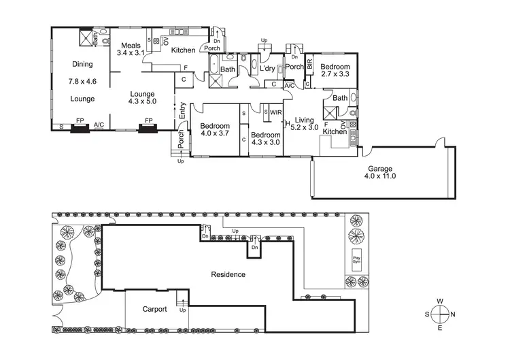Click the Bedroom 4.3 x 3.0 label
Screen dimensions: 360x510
tap(265, 138)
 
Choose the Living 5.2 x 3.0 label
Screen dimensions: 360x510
tap(304, 124)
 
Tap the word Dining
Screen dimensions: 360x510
tap(82, 65)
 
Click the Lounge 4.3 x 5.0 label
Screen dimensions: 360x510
tap(142, 98)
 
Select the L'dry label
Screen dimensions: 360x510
tap(266, 69)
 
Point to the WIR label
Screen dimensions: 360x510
tap(276, 112)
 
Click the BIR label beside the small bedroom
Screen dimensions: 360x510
tap(309, 64)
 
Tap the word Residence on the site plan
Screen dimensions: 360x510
tap(228, 275)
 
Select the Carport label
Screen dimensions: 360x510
tap(154, 308)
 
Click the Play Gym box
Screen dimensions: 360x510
tap(356, 260)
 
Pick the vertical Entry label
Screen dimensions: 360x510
tap(182, 111)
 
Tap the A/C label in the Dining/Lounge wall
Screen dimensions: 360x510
tap(99, 125)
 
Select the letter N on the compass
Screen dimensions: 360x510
tap(454, 314)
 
